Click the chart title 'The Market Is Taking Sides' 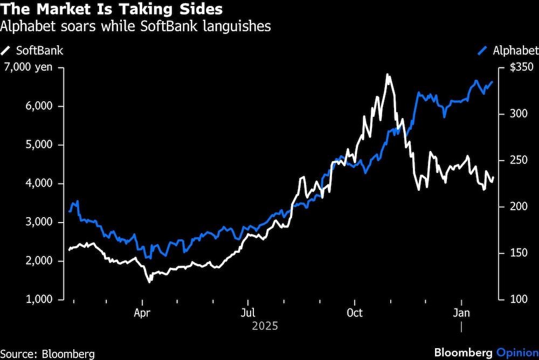click(x=112, y=10)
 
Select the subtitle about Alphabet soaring click(x=136, y=26)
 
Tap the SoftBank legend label click(x=39, y=51)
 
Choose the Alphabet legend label click(x=515, y=51)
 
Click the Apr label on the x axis click(x=142, y=313)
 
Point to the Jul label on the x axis click(x=248, y=313)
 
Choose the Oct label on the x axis click(x=355, y=313)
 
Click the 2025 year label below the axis click(x=265, y=326)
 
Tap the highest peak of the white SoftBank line click(x=387, y=74)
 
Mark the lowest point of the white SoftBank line click(x=149, y=281)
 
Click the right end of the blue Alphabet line click(x=492, y=82)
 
